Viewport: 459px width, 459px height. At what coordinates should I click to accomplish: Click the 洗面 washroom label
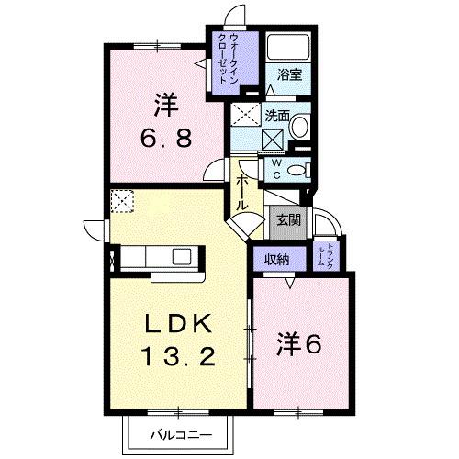pos(277,117)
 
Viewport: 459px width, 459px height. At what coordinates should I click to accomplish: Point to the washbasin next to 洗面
pos(300,129)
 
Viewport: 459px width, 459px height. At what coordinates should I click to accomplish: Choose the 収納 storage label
pos(278,260)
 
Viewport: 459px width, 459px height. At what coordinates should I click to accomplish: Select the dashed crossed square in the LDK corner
pos(122,201)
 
